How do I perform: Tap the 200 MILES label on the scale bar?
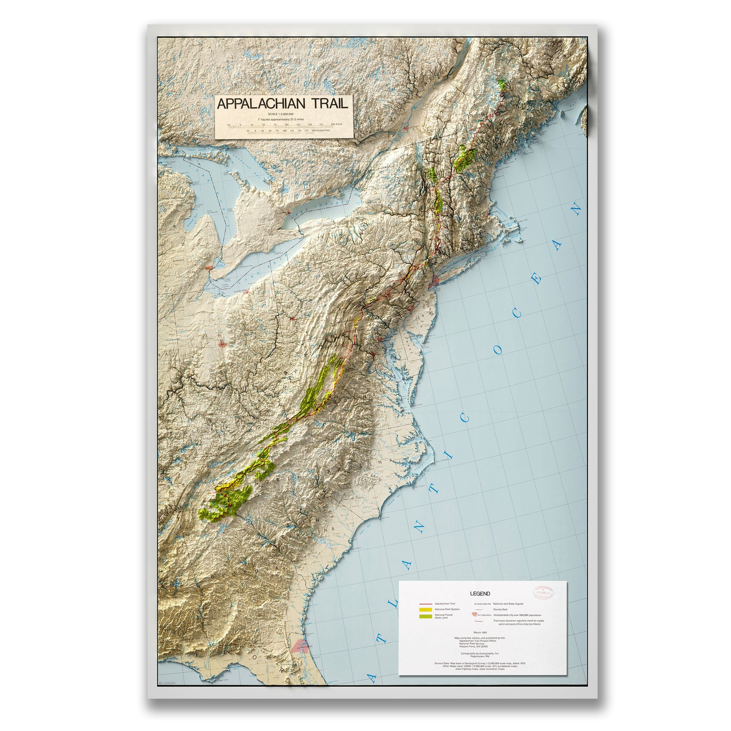[x=336, y=124]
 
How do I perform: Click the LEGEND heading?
[x=480, y=594]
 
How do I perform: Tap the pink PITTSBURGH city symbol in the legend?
[x=475, y=615]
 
